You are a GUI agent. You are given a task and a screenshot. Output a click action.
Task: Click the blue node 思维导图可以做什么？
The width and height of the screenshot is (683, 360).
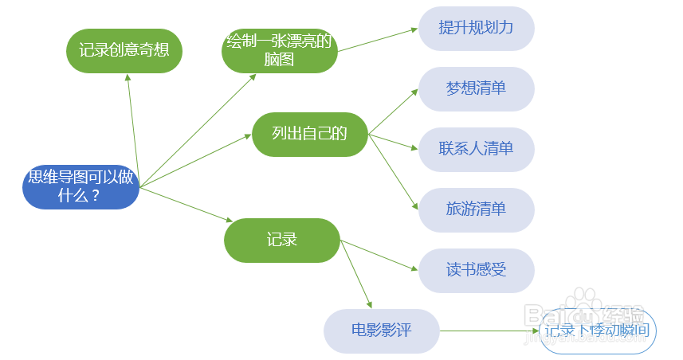(80, 186)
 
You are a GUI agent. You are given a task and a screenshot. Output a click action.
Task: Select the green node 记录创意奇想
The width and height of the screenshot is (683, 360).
(124, 51)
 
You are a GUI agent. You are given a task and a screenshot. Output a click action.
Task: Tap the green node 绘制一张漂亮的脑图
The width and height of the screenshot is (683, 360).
(279, 51)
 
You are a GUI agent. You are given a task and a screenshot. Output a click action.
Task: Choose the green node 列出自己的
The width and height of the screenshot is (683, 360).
(309, 134)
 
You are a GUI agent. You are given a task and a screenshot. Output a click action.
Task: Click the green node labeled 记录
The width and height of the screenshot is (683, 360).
(281, 240)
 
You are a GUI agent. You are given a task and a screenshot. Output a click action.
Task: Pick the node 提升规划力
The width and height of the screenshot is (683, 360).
(476, 28)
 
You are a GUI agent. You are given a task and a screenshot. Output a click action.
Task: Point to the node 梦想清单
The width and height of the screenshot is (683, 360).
(476, 88)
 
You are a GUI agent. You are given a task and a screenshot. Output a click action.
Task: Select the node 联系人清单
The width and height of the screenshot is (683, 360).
(476, 149)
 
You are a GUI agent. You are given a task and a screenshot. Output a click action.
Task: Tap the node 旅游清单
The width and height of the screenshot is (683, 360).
(476, 209)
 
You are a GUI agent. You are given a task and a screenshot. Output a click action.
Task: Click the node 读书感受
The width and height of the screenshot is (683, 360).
(476, 270)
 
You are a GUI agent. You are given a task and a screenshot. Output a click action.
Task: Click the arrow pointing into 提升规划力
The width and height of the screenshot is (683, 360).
(378, 40)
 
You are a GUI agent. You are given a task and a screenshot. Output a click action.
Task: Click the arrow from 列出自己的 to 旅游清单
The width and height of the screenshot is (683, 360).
(394, 171)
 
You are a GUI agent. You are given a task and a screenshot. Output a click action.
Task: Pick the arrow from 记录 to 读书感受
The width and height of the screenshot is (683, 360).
(379, 256)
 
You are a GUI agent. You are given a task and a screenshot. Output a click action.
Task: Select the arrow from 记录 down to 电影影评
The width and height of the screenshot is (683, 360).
(356, 275)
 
